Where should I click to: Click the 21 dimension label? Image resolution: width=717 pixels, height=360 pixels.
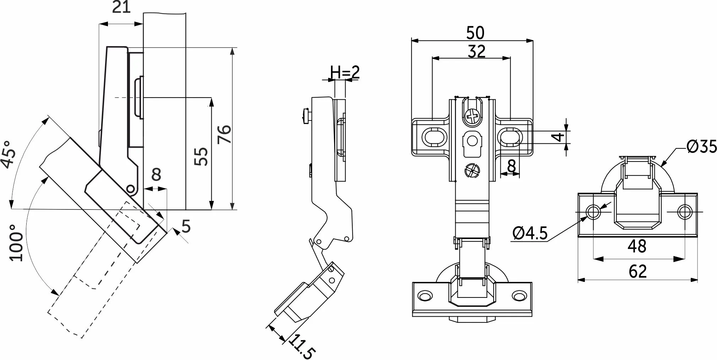(121, 7)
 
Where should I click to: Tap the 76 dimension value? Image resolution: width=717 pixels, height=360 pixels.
(224, 134)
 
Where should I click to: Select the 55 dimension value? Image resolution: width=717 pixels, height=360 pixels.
(202, 156)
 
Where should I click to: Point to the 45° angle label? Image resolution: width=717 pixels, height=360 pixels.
(9, 154)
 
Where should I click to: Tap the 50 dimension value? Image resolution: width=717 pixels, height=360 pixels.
(475, 33)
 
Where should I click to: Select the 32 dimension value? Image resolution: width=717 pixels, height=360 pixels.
(476, 51)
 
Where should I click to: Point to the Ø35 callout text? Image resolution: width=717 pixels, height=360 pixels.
(702, 146)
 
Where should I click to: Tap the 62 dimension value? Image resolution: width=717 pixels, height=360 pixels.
(638, 272)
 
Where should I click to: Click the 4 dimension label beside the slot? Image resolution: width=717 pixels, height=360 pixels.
(560, 136)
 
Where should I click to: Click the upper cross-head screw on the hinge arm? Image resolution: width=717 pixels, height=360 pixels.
(472, 116)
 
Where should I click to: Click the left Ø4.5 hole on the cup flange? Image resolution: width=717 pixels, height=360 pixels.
(593, 212)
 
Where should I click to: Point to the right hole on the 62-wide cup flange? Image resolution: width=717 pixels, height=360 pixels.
(684, 212)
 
